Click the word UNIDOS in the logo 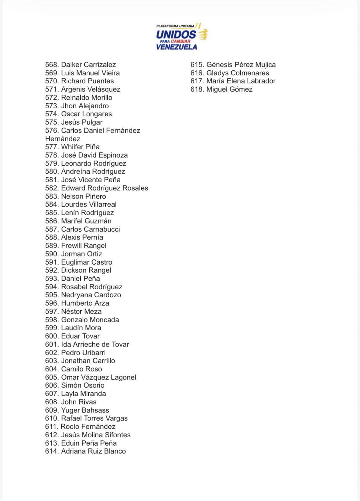[176, 34]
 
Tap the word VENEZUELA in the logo [177, 47]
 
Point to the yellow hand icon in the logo [203, 34]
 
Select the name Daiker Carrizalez [88, 65]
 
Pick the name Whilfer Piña [80, 147]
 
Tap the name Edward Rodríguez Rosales [105, 188]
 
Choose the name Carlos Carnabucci [90, 229]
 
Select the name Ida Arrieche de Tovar [95, 344]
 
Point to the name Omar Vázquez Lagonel [98, 377]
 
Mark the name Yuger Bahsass [85, 410]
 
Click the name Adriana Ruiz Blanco [93, 451]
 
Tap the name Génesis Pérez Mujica [241, 65]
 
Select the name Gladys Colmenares [238, 73]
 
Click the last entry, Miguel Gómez [229, 89]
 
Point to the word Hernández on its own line [63, 139]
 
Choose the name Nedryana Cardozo [91, 295]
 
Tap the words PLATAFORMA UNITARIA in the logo [175, 26]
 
